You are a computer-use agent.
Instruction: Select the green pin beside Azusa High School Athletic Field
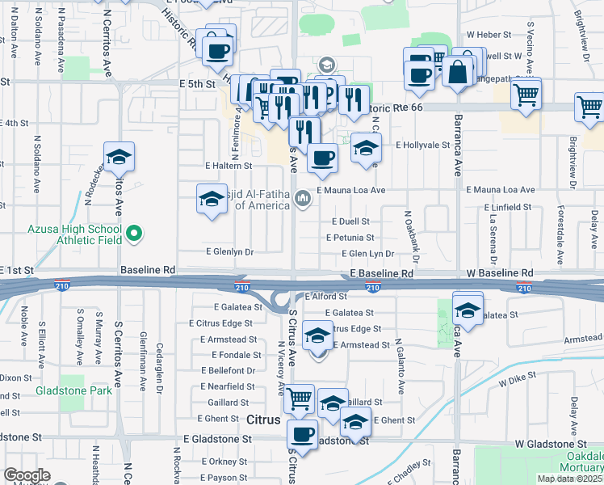click(x=136, y=235)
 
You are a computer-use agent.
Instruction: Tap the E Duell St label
click(x=350, y=221)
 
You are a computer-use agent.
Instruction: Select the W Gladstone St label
click(x=551, y=445)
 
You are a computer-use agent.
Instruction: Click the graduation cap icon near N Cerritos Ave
click(x=120, y=158)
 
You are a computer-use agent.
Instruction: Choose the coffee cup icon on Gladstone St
click(x=303, y=435)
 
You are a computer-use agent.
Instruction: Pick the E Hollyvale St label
click(x=422, y=145)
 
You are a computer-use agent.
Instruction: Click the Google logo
click(x=27, y=475)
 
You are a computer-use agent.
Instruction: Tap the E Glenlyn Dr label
click(x=230, y=252)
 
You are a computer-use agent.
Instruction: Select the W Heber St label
click(x=489, y=36)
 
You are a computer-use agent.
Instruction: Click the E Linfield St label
click(x=508, y=207)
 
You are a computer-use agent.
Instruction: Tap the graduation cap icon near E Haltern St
click(x=212, y=199)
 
